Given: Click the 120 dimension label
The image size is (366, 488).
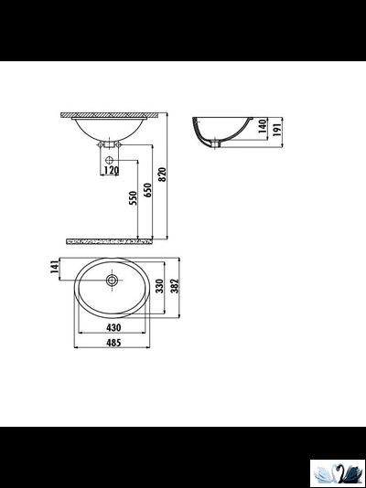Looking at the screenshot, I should (111, 170).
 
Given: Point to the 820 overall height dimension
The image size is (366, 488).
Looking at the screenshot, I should (163, 175).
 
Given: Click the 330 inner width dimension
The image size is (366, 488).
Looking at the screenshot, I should (159, 285).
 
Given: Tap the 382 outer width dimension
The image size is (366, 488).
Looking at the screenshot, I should (174, 285).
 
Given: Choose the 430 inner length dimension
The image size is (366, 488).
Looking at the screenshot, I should (113, 327).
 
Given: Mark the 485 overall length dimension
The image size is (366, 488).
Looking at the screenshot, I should (113, 344).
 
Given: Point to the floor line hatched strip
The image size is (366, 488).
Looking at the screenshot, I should (110, 240).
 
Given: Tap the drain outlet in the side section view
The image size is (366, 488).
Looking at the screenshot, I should (217, 143).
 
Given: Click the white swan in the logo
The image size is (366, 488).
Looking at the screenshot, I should (328, 472).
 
